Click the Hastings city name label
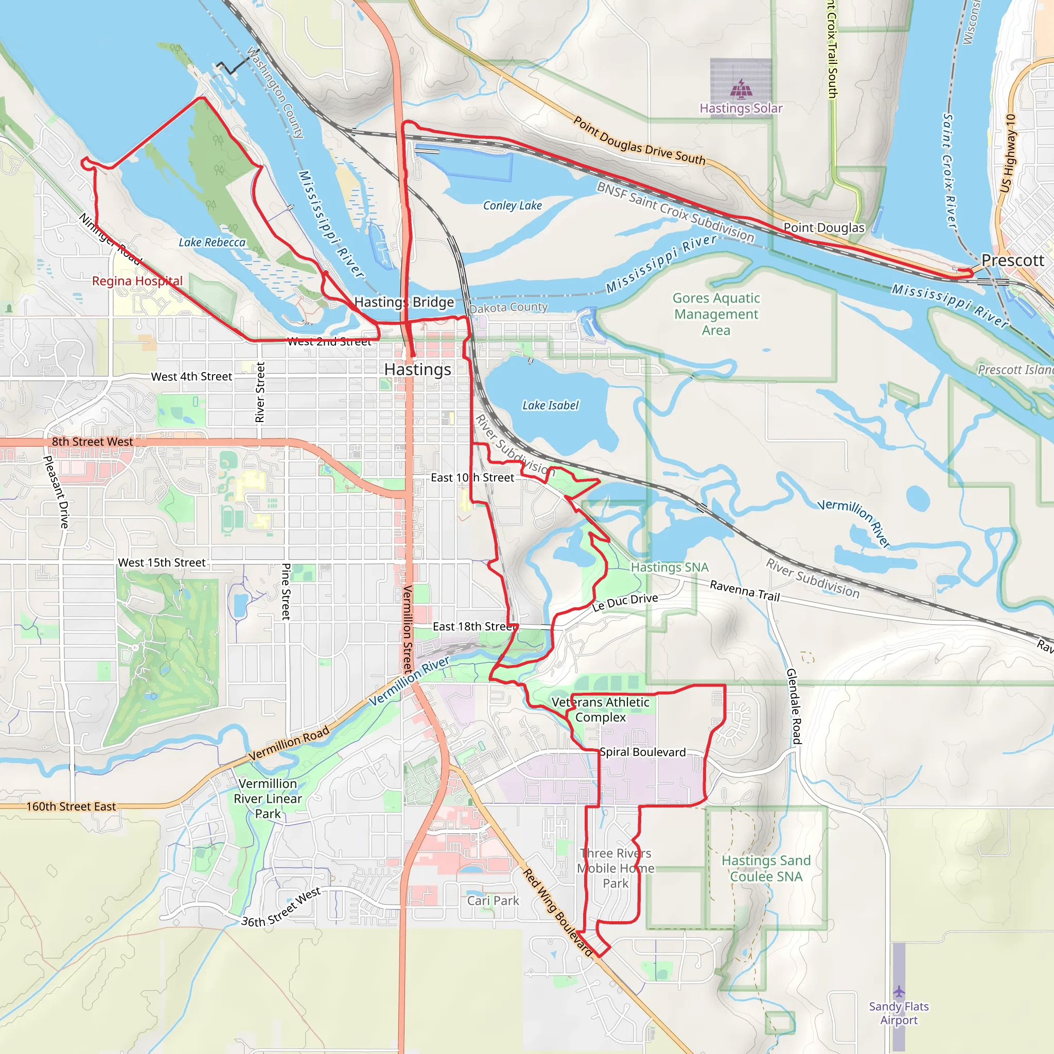coord(417,370)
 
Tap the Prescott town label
coord(1012,260)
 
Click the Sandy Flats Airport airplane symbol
coord(899,991)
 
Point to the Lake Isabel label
coord(550,406)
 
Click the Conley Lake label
coord(512,206)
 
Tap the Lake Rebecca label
coord(212,242)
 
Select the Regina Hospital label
coord(137,281)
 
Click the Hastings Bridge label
coord(403,302)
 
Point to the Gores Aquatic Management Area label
coord(716,314)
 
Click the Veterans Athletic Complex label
coord(600,709)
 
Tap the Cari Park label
coord(493,901)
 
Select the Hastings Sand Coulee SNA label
coord(766,869)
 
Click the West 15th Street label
coord(162,563)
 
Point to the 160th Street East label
coord(71,806)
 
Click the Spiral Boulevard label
coord(642,752)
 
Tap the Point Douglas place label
coord(824,227)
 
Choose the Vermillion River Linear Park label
coord(267,798)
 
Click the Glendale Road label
coord(794,706)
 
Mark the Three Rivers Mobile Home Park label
coord(616,868)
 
